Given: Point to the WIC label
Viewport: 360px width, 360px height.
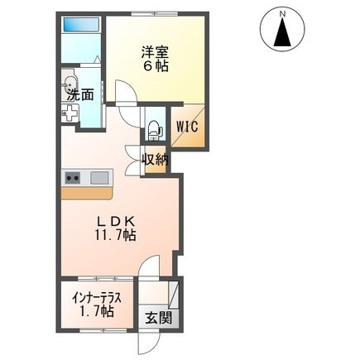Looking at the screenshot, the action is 187,127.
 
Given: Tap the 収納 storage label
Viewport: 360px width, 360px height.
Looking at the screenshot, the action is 155,160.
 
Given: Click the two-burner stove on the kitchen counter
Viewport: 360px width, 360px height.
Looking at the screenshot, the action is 73,178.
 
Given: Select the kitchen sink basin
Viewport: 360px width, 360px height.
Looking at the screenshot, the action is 99,177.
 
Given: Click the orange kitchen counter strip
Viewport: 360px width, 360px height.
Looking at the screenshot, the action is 87,193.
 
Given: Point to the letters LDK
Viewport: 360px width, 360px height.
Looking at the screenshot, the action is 115,221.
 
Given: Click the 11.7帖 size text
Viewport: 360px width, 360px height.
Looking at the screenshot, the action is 116,235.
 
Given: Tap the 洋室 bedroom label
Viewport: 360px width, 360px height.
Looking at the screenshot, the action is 155,52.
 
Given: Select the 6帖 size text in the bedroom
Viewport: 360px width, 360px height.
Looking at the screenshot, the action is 156,65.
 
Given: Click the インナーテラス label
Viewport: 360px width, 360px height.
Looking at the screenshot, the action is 97,298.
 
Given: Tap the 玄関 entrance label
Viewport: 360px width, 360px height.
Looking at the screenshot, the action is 159,318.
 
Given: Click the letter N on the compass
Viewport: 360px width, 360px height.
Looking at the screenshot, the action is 282,14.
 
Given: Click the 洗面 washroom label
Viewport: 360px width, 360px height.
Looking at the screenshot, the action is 81,95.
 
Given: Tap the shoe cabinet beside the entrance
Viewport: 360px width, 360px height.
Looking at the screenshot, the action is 174,295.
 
